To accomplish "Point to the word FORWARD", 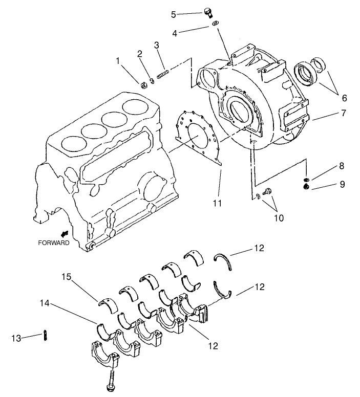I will (x=53, y=243).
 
